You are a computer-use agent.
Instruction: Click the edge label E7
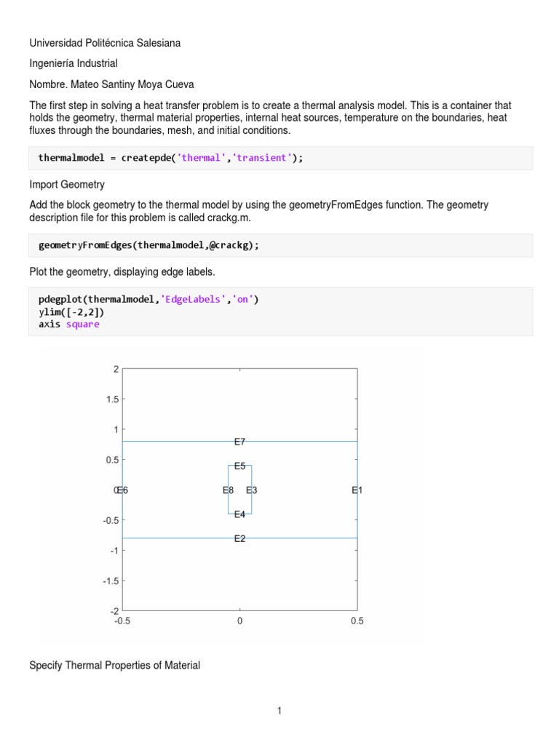pyautogui.click(x=239, y=442)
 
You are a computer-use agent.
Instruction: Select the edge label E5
pyautogui.click(x=239, y=466)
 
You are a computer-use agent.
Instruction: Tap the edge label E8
pyautogui.click(x=228, y=490)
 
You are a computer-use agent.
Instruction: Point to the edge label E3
pyautogui.click(x=251, y=490)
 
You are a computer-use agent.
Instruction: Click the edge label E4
pyautogui.click(x=239, y=514)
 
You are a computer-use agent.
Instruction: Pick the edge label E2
pyautogui.click(x=239, y=538)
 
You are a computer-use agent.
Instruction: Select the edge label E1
pyautogui.click(x=357, y=490)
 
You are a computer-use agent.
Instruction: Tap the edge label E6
pyautogui.click(x=123, y=490)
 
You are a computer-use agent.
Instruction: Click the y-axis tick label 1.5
pyautogui.click(x=111, y=399)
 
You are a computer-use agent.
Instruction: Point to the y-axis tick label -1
pyautogui.click(x=114, y=551)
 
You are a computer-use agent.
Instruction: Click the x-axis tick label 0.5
pyautogui.click(x=357, y=621)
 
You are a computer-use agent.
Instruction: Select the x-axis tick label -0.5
pyautogui.click(x=122, y=621)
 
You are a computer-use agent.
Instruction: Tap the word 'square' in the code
pyautogui.click(x=83, y=324)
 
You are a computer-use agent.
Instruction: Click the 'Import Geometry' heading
pyautogui.click(x=67, y=185)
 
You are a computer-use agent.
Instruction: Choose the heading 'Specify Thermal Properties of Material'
pyautogui.click(x=114, y=665)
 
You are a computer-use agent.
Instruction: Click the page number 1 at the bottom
pyautogui.click(x=279, y=711)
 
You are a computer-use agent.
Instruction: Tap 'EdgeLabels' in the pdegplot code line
pyautogui.click(x=191, y=299)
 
